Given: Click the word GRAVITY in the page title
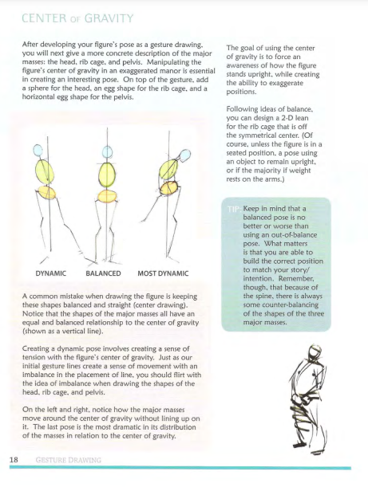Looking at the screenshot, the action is (x=109, y=18).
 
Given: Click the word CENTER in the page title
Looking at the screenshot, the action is (x=44, y=18).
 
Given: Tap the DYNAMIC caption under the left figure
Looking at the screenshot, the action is (x=51, y=273).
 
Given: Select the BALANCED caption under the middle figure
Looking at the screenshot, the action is (x=103, y=273).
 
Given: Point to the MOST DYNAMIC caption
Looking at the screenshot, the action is (x=163, y=273).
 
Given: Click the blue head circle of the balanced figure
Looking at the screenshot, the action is (x=107, y=152).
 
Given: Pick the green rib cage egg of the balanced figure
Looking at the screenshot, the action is (x=107, y=175).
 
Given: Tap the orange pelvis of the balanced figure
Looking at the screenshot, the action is (x=107, y=196).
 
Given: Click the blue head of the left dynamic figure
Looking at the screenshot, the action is (x=38, y=150).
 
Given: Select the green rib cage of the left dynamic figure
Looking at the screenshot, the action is (x=45, y=172).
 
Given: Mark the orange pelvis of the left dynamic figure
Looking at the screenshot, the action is (x=47, y=192).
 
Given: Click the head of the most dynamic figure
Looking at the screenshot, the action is (x=185, y=155).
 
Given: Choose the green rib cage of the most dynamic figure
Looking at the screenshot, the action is (x=168, y=170).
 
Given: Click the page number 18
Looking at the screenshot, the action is (x=14, y=460).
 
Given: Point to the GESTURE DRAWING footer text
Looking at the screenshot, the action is (x=68, y=460).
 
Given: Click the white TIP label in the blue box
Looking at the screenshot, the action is (x=233, y=209).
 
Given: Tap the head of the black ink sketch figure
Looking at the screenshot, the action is (x=314, y=352).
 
